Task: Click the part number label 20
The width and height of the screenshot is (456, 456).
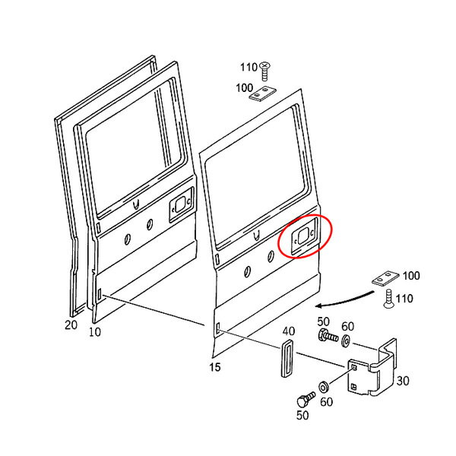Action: click(71, 325)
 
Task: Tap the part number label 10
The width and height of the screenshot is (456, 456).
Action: click(95, 332)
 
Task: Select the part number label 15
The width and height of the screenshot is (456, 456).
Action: click(215, 367)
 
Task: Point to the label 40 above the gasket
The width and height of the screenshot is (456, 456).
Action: click(289, 331)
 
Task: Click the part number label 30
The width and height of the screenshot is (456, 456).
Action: click(403, 381)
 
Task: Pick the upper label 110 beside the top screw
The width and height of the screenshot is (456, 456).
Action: click(249, 68)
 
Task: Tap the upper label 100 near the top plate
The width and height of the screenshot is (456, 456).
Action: click(244, 88)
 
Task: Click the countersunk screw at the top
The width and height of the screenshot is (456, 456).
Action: click(264, 71)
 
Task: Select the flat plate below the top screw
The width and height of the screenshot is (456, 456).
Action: click(263, 94)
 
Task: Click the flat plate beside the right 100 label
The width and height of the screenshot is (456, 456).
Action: click(385, 279)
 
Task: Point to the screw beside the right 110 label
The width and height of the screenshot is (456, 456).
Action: click(388, 299)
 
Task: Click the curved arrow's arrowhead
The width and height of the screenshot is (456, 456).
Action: click(319, 306)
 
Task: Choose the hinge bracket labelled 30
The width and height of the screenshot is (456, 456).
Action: click(373, 367)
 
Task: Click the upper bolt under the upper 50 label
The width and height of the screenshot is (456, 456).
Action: click(328, 336)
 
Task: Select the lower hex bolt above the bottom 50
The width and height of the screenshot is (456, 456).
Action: click(306, 399)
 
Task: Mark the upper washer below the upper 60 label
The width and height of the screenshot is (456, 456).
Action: click(346, 340)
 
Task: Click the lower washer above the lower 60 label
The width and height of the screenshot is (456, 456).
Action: click(324, 387)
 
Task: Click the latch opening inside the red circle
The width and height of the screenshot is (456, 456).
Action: click(303, 236)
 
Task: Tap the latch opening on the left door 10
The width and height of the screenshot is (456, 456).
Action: click(181, 204)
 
